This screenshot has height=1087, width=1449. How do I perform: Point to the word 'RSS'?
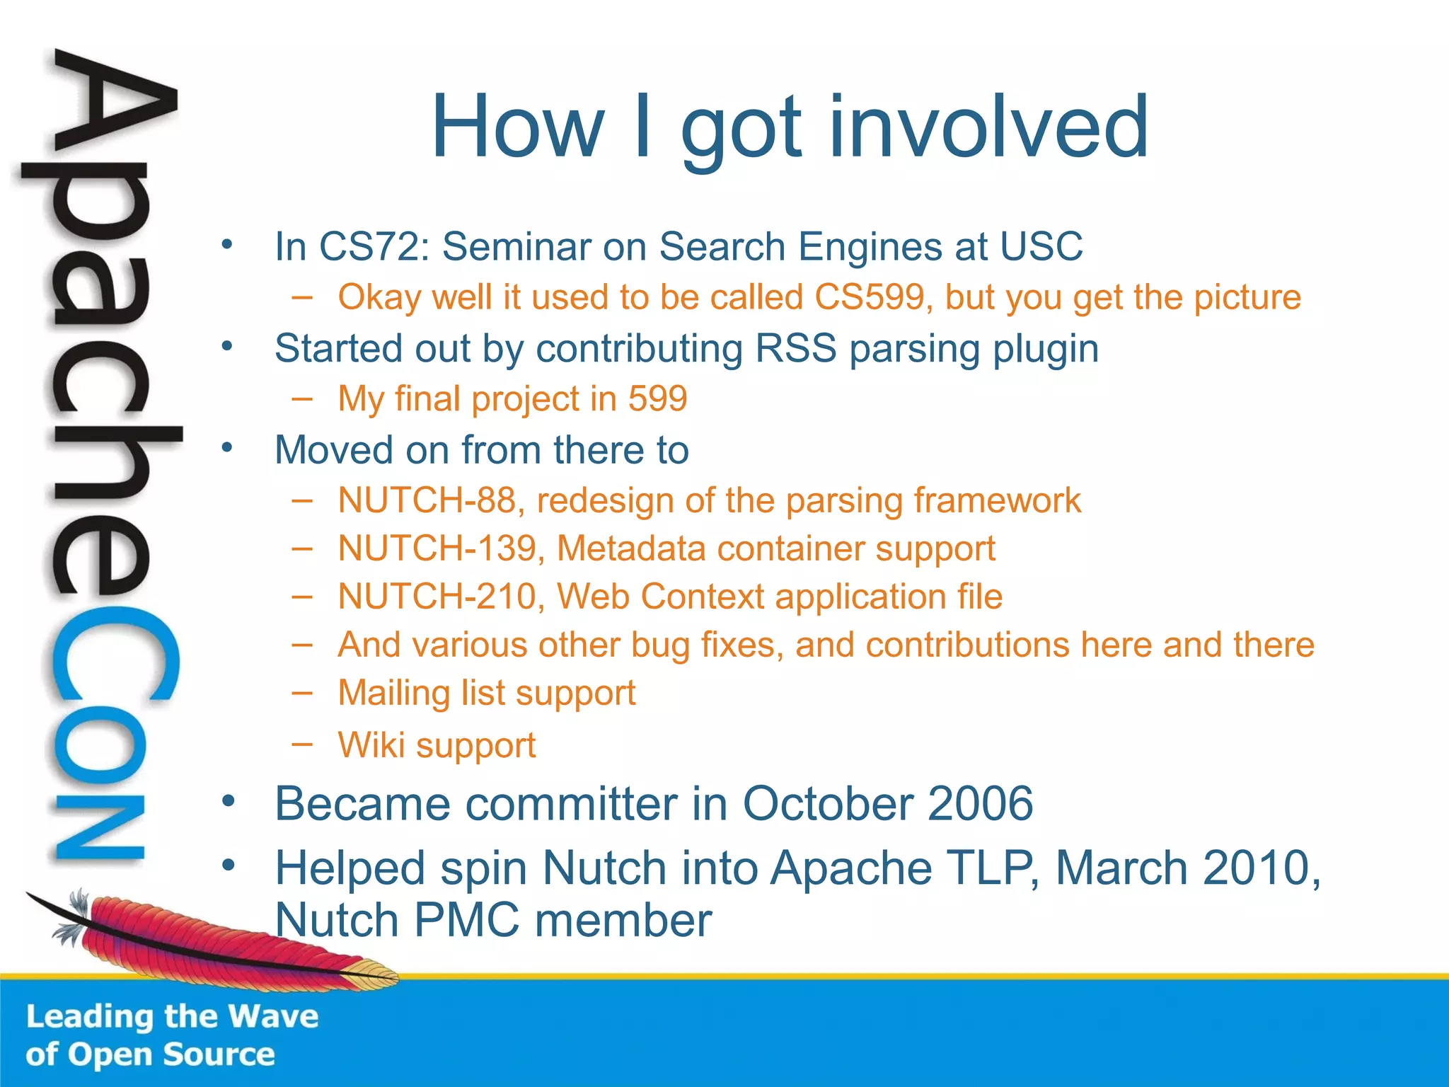796,349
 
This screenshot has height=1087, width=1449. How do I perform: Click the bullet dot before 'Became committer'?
227,800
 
